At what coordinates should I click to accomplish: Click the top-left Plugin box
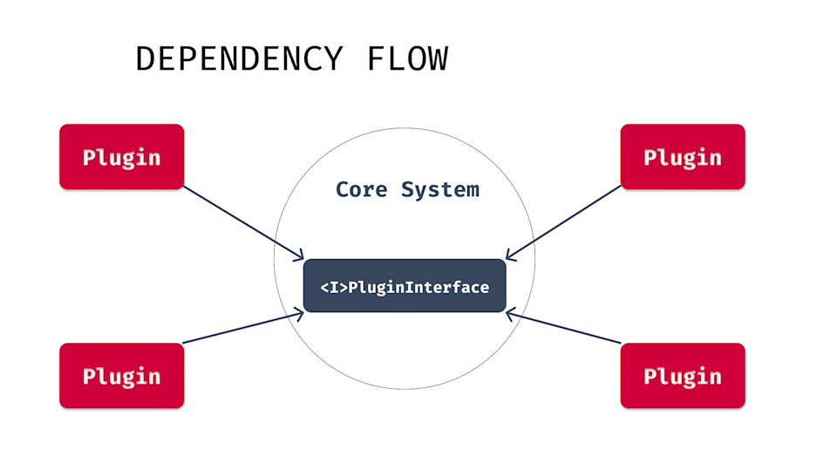point(121,157)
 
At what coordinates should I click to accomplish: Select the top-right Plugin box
point(683,157)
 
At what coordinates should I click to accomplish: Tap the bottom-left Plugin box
point(121,376)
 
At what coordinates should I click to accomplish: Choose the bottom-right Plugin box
point(683,376)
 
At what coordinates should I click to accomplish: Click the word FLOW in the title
point(407,59)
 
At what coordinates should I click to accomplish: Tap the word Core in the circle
point(362,189)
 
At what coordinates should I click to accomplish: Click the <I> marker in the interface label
point(335,287)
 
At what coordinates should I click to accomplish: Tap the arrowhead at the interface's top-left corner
point(299,257)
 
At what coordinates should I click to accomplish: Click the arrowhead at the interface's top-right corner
point(509,256)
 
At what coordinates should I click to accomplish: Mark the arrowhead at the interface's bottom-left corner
point(299,314)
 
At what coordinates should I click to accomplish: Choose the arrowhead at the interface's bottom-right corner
point(510,313)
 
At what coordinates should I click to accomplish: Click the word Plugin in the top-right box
point(683,158)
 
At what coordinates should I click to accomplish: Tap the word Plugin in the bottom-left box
point(121,377)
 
